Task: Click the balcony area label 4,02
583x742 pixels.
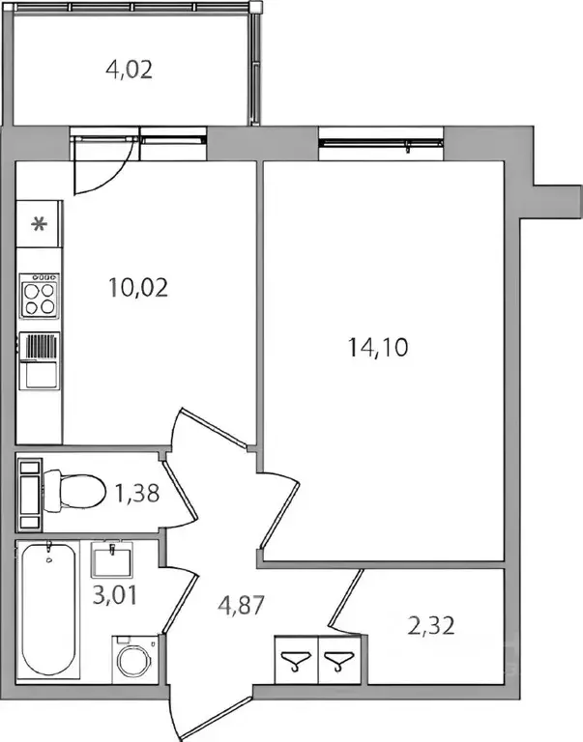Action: (x=130, y=70)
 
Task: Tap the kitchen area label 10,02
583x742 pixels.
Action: (x=138, y=287)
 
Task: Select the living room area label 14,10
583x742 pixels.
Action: (x=378, y=348)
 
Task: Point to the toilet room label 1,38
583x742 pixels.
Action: (x=137, y=494)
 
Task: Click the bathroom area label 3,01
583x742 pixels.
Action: (x=115, y=595)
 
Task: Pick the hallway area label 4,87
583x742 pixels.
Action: (x=241, y=605)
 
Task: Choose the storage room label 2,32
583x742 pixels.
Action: (x=431, y=626)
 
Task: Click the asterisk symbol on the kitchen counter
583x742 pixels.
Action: (x=39, y=223)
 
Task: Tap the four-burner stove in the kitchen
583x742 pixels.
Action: (x=40, y=296)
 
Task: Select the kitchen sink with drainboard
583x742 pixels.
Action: (x=40, y=361)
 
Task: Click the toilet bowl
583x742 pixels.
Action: (x=74, y=491)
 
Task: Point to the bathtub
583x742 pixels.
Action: (x=47, y=611)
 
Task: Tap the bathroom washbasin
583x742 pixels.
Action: (x=112, y=559)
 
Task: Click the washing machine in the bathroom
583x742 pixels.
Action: (x=135, y=659)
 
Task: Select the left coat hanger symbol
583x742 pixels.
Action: (x=296, y=660)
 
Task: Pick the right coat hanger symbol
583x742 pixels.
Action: (x=339, y=660)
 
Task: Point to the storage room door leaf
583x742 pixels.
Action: (x=347, y=598)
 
